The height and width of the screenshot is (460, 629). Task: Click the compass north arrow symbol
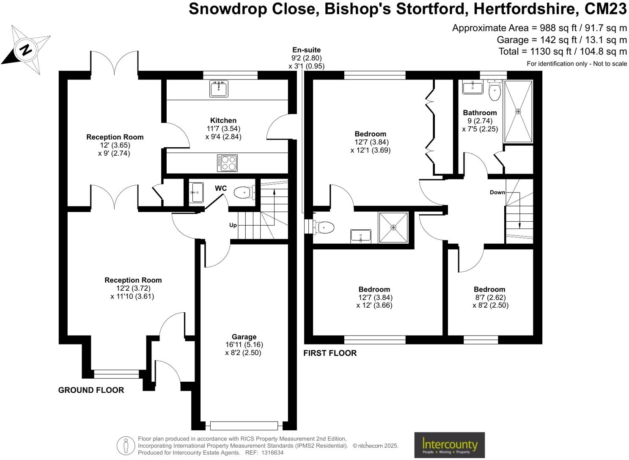[26, 50]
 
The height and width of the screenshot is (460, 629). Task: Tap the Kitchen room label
[223, 121]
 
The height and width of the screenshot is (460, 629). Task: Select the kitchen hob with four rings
[227, 163]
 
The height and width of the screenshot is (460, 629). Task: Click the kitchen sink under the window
[219, 88]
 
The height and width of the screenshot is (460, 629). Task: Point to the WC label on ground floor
[221, 188]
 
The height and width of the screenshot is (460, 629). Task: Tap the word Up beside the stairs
[233, 225]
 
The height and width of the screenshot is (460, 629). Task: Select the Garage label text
[244, 337]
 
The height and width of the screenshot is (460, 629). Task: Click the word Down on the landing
[497, 192]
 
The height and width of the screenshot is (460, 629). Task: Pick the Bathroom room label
[480, 113]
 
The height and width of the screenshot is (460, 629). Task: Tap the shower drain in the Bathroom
[518, 112]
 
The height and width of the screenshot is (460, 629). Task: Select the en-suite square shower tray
[393, 228]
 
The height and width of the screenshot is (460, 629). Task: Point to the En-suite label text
[306, 50]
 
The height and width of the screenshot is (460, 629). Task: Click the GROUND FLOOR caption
[91, 390]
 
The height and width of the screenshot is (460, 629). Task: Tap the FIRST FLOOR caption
[330, 353]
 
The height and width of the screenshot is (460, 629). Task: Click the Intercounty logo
[449, 445]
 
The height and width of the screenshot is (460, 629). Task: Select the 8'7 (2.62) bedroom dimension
[490, 297]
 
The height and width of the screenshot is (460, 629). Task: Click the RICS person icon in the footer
[126, 446]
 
